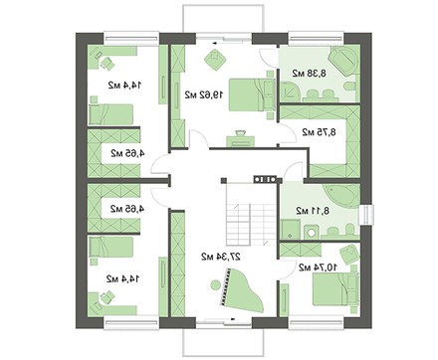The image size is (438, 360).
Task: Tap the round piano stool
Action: tap(215, 284)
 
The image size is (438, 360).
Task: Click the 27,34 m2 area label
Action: tap(221, 257)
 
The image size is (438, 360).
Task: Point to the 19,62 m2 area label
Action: tap(204, 95)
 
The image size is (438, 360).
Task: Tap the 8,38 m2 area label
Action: tap(310, 74)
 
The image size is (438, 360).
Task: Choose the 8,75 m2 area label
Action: tap(319, 132)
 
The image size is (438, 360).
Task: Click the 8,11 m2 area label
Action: tap(313, 210)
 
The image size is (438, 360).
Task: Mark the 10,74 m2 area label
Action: tap(319, 267)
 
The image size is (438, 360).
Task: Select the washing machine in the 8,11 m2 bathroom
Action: tap(311, 231)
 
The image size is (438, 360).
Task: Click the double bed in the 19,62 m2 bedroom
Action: tap(252, 94)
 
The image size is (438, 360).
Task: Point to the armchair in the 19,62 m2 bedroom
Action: tap(215, 60)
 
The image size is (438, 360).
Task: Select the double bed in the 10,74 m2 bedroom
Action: tap(335, 289)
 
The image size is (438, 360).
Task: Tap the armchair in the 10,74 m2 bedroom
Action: tap(349, 255)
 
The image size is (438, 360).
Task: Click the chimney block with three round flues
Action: tap(265, 179)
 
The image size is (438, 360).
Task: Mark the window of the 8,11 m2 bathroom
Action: tap(366, 216)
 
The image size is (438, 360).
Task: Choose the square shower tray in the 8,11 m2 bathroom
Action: tap(291, 229)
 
